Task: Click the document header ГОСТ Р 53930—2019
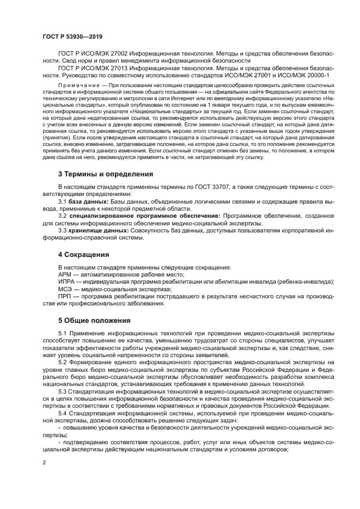[72, 36]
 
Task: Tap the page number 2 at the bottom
[44, 463]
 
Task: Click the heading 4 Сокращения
[84, 254]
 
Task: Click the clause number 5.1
[63, 333]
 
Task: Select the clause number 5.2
[63, 361]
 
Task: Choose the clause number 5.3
[63, 391]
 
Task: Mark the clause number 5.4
[63, 413]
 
